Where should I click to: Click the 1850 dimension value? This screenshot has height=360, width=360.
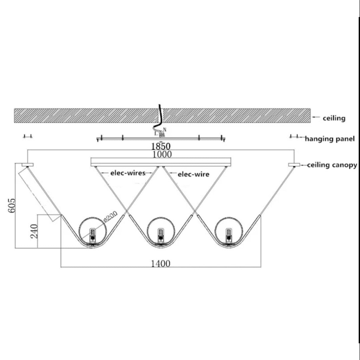pos(161,146)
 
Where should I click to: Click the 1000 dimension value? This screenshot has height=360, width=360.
pos(162,154)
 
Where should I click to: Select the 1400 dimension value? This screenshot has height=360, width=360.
pos(161,264)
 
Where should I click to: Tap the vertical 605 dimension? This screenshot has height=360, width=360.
pos(12,207)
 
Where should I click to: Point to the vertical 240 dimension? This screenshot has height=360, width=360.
pos(34,231)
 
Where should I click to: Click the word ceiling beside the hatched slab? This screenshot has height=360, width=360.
pos(334,118)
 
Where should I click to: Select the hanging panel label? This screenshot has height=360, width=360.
pos(329,139)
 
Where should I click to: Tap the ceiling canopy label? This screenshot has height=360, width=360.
pos(332,165)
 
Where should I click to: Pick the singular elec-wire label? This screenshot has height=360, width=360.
pos(193,174)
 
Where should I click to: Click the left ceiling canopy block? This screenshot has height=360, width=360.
pos(28,165)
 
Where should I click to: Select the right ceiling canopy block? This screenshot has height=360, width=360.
pos(294,165)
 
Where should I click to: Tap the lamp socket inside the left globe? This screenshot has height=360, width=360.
pos(92,235)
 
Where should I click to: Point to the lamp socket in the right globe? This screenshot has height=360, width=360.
pos(229,235)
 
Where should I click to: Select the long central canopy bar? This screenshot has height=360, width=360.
pos(160,162)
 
